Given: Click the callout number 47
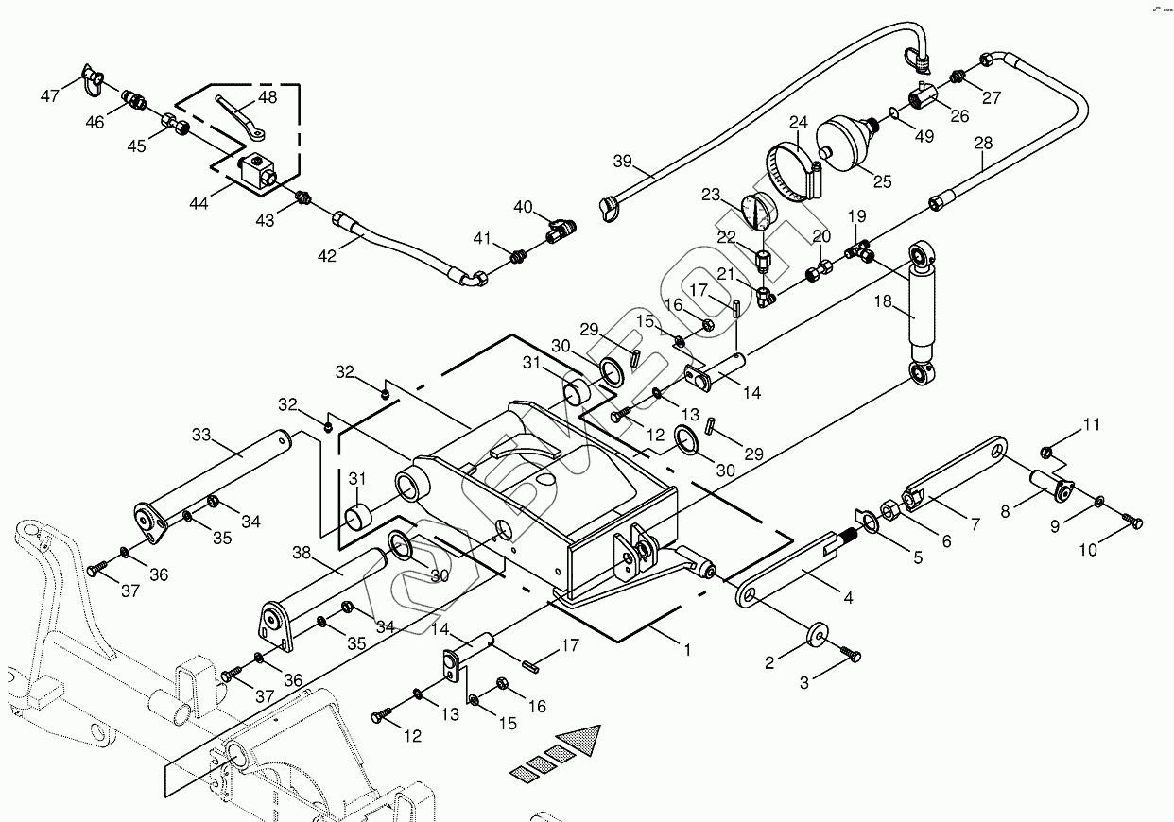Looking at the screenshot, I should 50,96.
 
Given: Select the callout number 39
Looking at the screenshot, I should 621,161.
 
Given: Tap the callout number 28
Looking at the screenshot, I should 984,143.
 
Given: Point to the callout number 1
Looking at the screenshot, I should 687,650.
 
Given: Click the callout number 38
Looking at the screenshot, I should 302,552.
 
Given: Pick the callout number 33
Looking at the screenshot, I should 200,436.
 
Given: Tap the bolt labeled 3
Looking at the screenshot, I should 851,653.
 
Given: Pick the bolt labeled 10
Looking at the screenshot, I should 1132,519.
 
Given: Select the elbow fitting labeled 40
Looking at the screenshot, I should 560,228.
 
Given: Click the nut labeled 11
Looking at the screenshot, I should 1047,451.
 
